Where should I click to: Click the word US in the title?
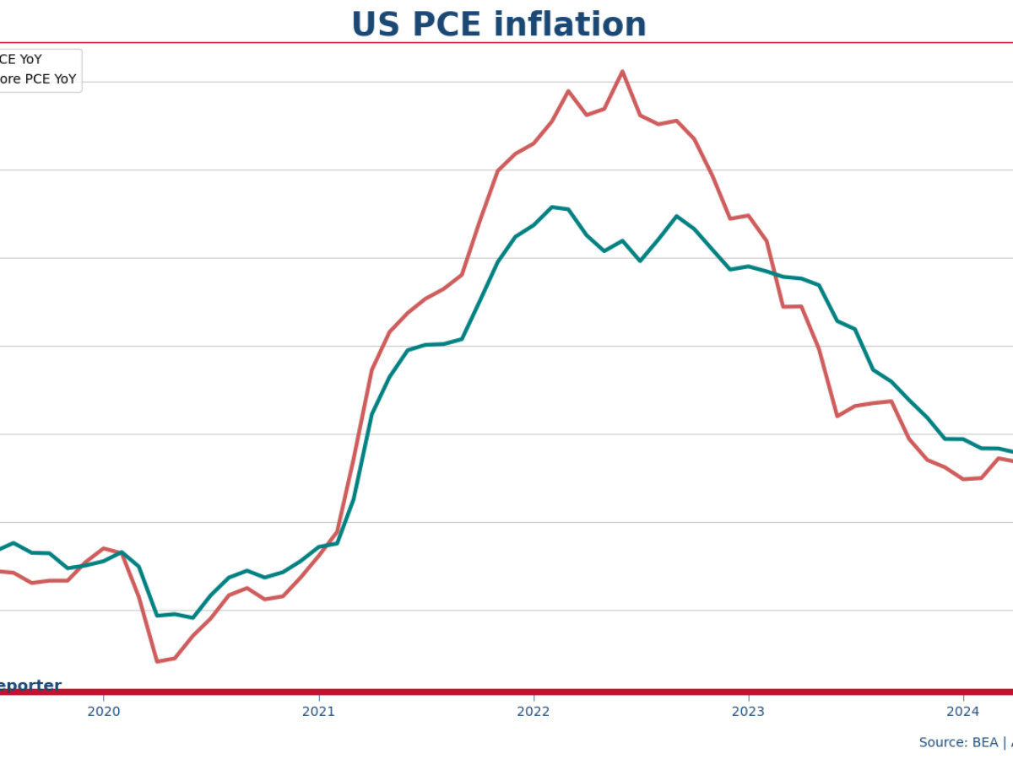click(x=374, y=24)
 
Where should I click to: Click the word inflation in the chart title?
click(x=571, y=24)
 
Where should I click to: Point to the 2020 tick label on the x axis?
click(x=103, y=711)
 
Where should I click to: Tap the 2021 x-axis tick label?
click(x=318, y=711)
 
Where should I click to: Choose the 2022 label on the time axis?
click(x=534, y=711)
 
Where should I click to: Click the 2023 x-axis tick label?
click(x=748, y=711)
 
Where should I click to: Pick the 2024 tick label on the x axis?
click(x=963, y=711)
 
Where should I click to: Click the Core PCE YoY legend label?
click(x=37, y=79)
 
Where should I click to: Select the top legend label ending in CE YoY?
click(x=20, y=60)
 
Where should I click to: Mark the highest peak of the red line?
click(x=622, y=72)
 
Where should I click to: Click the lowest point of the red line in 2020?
click(x=157, y=661)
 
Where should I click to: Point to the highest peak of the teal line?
click(x=552, y=207)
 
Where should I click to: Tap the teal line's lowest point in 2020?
click(x=192, y=617)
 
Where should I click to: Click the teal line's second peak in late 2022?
click(x=676, y=216)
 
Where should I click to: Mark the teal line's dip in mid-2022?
click(x=640, y=261)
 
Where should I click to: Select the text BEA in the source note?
click(x=985, y=742)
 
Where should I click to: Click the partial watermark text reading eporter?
click(x=30, y=686)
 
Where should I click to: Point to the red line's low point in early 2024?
click(x=963, y=479)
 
